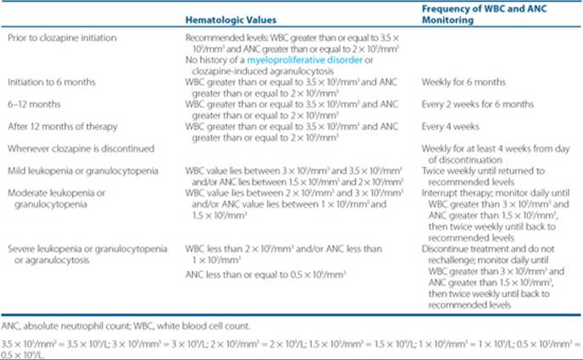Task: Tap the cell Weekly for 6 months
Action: (x=463, y=83)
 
